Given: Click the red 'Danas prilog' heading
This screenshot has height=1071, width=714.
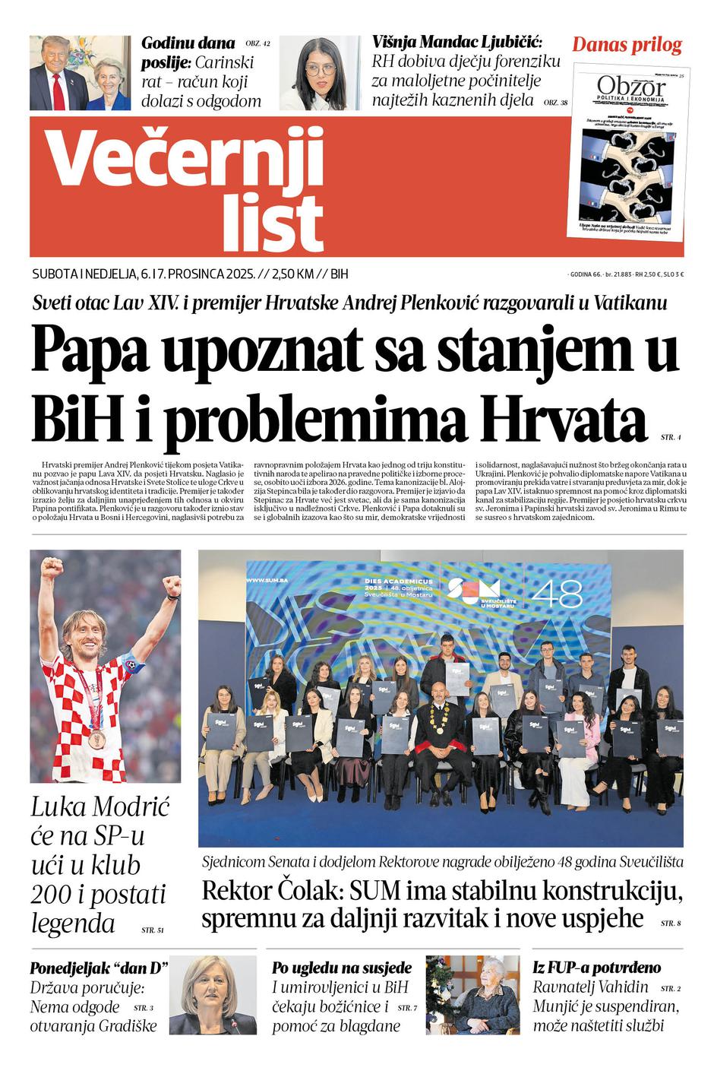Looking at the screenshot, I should coord(627,45).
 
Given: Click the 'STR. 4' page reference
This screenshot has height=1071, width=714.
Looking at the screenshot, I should coord(671,438).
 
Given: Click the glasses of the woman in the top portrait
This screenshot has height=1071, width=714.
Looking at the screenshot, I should coord(321,69).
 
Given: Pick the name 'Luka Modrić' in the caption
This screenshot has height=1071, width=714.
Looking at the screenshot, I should coord(100,806).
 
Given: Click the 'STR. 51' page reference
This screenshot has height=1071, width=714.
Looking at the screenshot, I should coord(152,930).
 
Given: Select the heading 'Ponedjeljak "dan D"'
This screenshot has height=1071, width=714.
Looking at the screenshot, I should coord(99,968).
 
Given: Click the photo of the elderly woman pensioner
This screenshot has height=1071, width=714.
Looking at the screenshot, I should coord(472,994).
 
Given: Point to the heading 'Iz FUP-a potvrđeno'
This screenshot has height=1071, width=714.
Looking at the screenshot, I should coord(596,968).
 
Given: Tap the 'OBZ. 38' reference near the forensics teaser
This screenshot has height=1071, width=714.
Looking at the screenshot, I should coord(555,102).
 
